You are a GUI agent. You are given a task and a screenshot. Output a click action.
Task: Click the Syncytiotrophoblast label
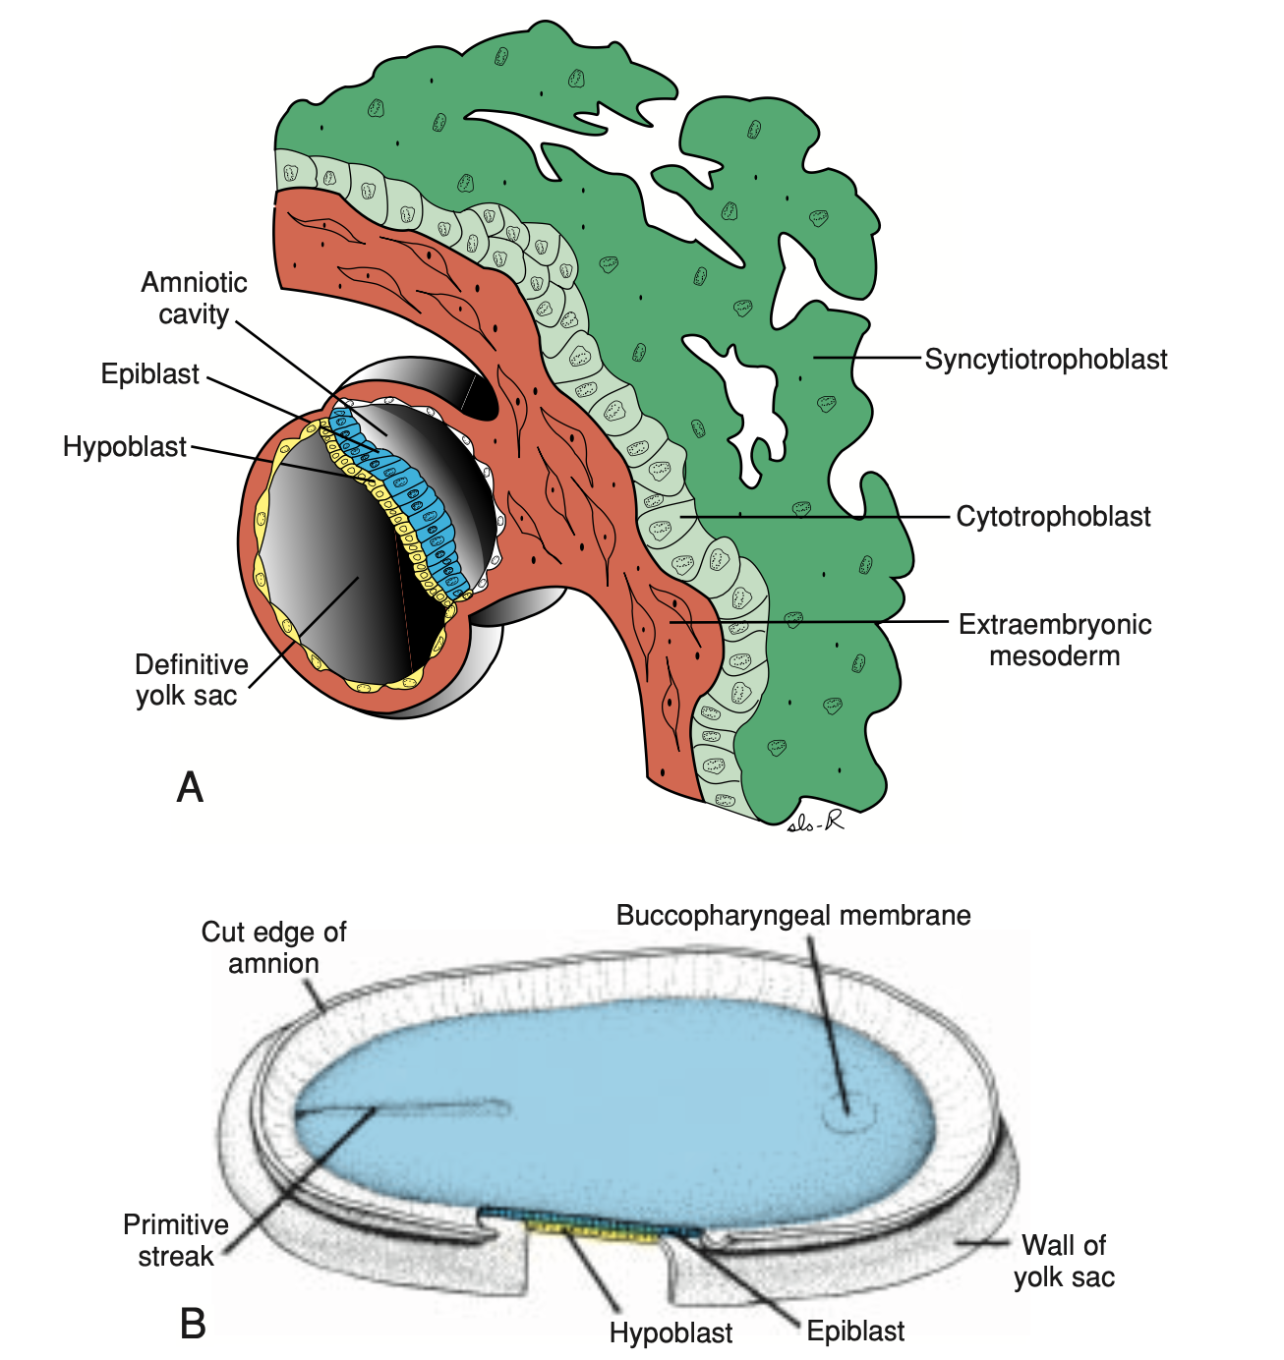click(x=1046, y=360)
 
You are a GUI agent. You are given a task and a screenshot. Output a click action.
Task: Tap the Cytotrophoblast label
click(x=1053, y=517)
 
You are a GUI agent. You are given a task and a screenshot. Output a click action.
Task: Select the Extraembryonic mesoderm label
click(x=1055, y=640)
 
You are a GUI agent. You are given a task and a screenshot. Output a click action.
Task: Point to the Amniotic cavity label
click(x=195, y=298)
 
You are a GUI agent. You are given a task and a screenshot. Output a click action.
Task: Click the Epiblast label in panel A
click(x=150, y=374)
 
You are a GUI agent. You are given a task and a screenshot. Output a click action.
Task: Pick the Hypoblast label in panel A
click(x=125, y=447)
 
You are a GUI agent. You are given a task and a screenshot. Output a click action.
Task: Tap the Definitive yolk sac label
click(x=191, y=680)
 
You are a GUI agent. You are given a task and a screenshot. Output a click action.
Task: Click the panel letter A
click(x=190, y=788)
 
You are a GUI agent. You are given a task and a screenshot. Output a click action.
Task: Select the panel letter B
click(x=193, y=1324)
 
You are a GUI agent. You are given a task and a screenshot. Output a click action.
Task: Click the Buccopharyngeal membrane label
click(x=793, y=916)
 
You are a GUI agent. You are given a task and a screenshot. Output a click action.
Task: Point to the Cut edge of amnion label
click(x=273, y=947)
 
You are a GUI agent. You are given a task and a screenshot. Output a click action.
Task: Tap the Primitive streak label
click(x=175, y=1240)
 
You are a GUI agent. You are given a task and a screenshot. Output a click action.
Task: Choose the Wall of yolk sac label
click(x=1064, y=1261)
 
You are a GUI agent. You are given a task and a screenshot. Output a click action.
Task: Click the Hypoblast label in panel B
click(x=671, y=1333)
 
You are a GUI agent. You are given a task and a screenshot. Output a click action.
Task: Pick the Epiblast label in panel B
click(x=855, y=1332)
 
